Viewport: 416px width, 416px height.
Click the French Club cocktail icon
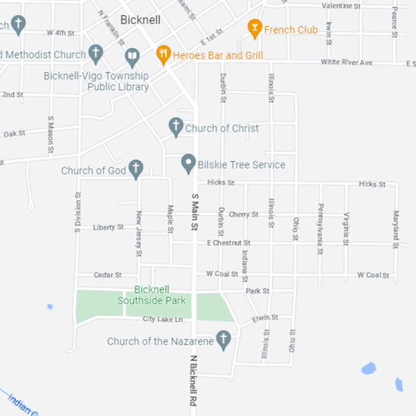tap(254, 28)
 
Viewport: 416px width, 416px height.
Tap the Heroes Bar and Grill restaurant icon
tap(163, 55)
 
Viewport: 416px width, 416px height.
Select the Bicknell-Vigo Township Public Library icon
tap(133, 57)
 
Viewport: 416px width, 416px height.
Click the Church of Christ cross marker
tap(176, 127)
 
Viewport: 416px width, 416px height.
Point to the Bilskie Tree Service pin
tap(188, 163)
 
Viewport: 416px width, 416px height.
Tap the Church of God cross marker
tap(136, 169)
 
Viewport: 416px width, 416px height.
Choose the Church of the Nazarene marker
tap(223, 340)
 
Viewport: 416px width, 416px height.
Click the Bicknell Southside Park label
tap(152, 295)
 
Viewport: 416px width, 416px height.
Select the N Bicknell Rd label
tap(194, 381)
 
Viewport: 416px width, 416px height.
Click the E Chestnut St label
tap(229, 243)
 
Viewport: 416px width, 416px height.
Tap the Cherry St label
tap(243, 214)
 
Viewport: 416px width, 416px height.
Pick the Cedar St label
tap(107, 275)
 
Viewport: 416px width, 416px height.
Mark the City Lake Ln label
tap(163, 319)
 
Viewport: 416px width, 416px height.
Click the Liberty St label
tap(108, 227)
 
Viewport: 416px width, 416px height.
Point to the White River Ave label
tap(346, 62)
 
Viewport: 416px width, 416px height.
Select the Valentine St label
tap(341, 6)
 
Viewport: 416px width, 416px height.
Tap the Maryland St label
tap(396, 229)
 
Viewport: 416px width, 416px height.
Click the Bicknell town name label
tap(140, 20)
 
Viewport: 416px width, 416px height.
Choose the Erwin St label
tap(265, 318)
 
